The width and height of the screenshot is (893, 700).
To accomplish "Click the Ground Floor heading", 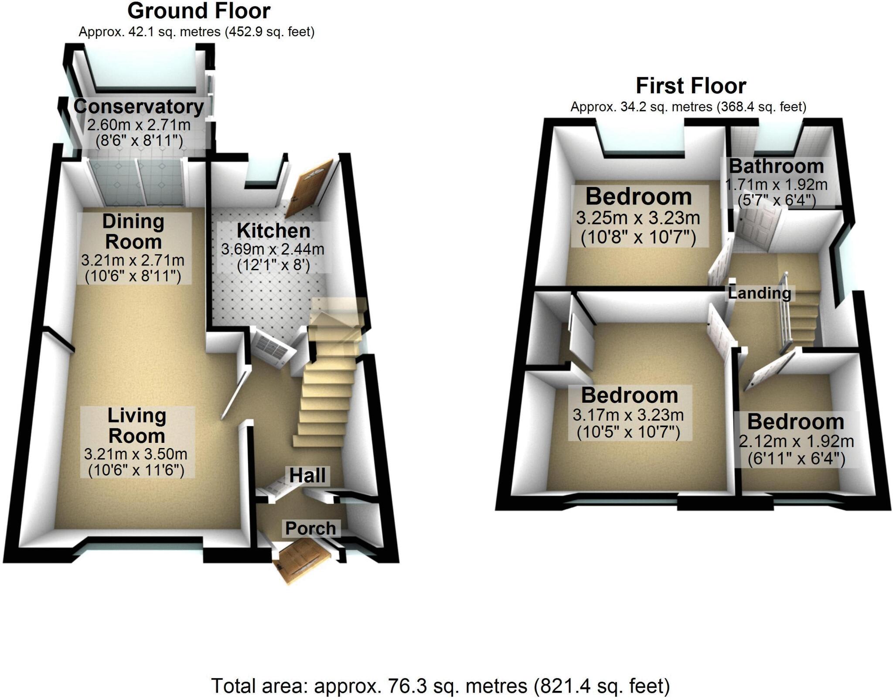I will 199,11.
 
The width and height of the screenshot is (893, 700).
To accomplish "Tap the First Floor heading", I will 691,86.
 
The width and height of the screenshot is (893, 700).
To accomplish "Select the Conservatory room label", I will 139,107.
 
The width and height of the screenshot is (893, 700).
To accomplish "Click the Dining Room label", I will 133,231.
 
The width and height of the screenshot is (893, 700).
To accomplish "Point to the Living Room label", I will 137,425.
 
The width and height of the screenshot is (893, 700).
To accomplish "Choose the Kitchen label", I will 273,231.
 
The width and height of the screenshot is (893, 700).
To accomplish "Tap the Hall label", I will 307,475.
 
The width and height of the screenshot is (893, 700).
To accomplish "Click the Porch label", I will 310,528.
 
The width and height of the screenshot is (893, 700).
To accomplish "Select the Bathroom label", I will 777,166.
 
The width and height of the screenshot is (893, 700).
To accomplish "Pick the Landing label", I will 760,293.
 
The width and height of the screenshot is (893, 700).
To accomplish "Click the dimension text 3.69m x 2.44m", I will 273,249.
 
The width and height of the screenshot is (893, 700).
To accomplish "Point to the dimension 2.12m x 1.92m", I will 796,442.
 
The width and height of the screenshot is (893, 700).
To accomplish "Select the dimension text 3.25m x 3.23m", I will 638,217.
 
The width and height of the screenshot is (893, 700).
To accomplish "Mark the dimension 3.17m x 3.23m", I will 628,415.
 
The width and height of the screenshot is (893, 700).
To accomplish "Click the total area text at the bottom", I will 440,686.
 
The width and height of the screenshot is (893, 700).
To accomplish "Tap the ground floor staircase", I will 327,392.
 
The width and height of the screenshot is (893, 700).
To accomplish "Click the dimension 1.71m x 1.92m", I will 776,185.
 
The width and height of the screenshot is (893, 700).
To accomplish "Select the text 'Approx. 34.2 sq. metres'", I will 641,107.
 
